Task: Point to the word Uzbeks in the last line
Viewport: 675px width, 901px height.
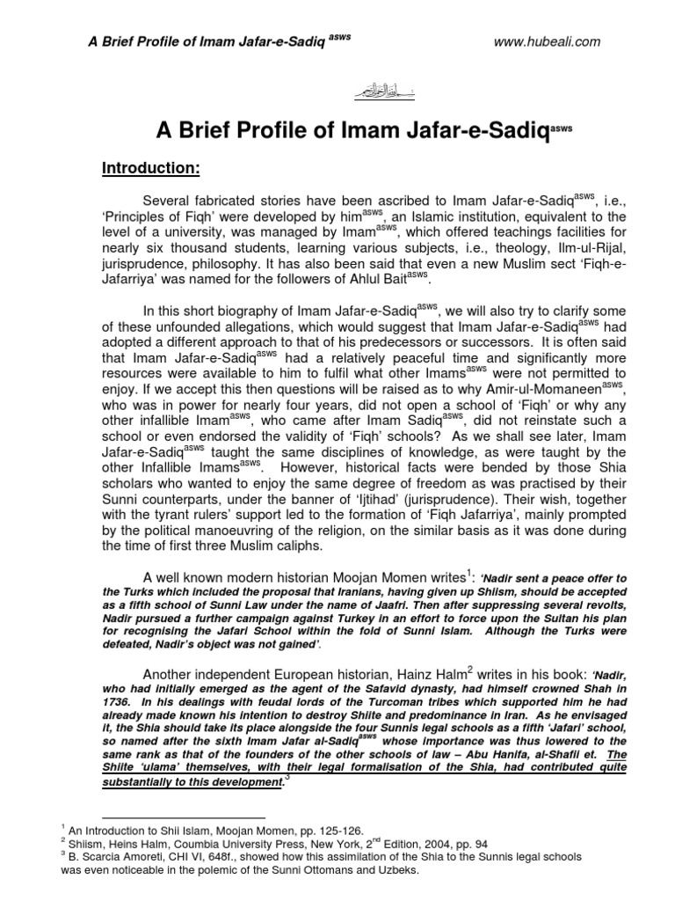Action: [x=376, y=869]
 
